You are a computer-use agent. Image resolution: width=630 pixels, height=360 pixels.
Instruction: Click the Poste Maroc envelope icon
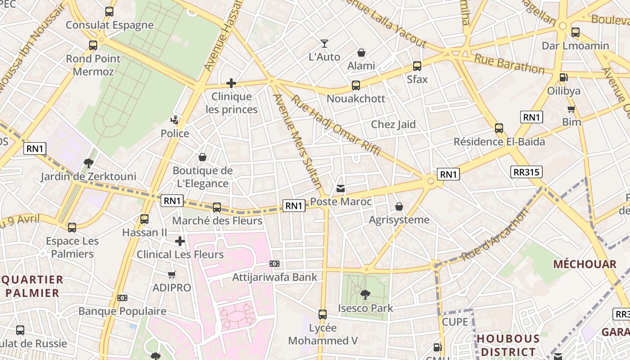(341, 189)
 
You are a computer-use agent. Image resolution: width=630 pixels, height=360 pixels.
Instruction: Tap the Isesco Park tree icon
(365, 295)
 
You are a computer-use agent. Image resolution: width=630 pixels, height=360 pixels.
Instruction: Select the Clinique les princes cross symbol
(231, 83)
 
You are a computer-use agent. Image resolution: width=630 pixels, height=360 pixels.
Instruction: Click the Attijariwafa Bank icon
(274, 264)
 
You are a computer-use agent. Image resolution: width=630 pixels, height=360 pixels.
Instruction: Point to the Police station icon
(175, 120)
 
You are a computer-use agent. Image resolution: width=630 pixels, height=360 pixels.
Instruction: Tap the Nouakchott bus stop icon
(356, 85)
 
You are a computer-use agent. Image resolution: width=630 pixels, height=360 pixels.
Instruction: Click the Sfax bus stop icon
(417, 66)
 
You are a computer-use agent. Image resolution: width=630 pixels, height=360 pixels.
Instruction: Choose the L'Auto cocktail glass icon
(324, 44)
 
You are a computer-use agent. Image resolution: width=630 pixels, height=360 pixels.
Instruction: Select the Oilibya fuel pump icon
(563, 77)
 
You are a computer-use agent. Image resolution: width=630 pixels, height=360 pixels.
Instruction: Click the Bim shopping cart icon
(571, 109)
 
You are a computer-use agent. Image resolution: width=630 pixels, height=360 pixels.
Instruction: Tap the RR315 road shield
(526, 172)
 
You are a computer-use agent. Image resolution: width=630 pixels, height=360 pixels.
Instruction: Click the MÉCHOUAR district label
(585, 264)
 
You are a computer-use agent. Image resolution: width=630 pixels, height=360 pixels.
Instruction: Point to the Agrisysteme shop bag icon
(399, 207)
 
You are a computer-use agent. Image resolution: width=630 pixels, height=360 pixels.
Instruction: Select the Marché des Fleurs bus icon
(217, 207)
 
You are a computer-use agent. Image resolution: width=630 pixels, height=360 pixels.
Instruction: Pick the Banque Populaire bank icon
(122, 298)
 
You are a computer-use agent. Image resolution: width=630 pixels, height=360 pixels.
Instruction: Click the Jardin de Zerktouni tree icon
(89, 163)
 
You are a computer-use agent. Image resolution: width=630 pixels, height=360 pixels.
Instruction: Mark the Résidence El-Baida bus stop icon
(499, 128)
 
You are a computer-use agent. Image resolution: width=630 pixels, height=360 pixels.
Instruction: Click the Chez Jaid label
(393, 125)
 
